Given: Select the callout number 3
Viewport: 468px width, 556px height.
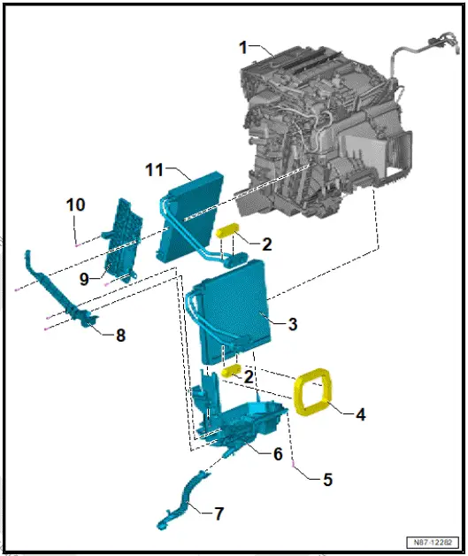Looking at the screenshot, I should click(292, 324).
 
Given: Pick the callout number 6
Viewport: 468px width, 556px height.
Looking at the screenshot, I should click(277, 453).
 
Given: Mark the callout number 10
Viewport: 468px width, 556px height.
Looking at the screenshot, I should click(75, 205).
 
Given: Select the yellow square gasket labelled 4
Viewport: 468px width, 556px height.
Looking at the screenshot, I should click(312, 394).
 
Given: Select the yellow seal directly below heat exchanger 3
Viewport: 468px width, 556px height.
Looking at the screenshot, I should click(232, 372).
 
